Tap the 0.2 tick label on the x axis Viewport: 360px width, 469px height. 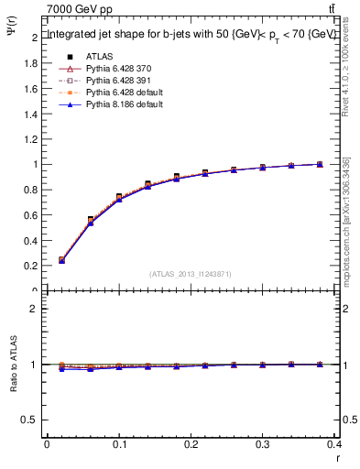tap(191, 443)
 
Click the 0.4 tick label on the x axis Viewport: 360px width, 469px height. tap(334, 443)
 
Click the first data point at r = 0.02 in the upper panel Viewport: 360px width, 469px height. tap(61, 260)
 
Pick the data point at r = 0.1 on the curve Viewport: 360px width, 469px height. tap(119, 197)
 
